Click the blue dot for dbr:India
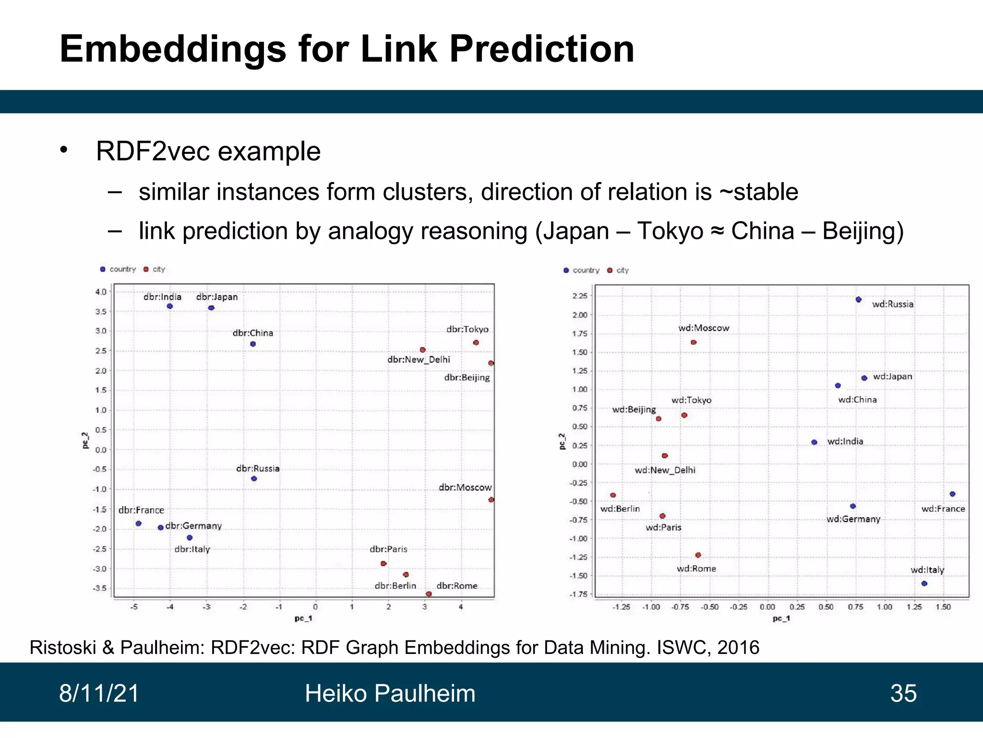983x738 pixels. pyautogui.click(x=169, y=306)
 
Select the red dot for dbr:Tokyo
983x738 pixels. pyautogui.click(x=476, y=343)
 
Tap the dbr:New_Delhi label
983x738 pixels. pyautogui.click(x=419, y=359)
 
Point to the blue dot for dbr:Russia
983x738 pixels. pyautogui.click(x=254, y=479)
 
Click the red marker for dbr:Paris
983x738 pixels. pyautogui.click(x=383, y=563)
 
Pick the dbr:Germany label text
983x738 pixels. pyautogui.click(x=193, y=526)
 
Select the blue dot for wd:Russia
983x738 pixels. pyautogui.click(x=858, y=299)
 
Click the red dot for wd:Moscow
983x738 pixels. pyautogui.click(x=693, y=342)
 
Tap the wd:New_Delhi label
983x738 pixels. pyautogui.click(x=665, y=470)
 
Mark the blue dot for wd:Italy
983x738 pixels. pyautogui.click(x=924, y=583)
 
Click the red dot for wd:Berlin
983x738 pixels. pyautogui.click(x=613, y=495)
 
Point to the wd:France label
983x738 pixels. pyautogui.click(x=943, y=509)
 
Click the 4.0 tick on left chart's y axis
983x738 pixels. pyautogui.click(x=101, y=292)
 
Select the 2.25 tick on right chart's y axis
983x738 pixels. pyautogui.click(x=580, y=295)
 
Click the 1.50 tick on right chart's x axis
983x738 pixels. pyautogui.click(x=943, y=607)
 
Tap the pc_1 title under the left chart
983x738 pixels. pyautogui.click(x=303, y=618)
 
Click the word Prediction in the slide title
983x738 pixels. pyautogui.click(x=541, y=49)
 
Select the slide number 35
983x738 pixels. pyautogui.click(x=903, y=693)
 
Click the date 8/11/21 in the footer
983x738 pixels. pyautogui.click(x=99, y=693)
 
